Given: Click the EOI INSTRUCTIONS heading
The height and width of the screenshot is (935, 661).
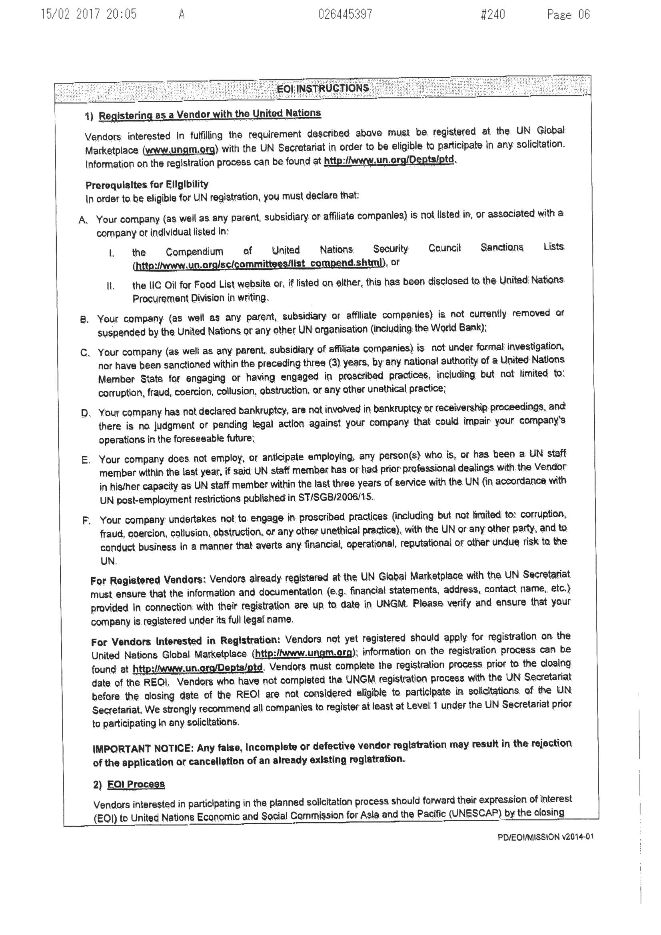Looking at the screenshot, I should click(323, 88).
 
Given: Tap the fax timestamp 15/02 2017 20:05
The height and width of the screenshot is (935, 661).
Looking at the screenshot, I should click(88, 15).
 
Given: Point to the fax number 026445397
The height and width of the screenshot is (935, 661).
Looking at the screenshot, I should click(345, 15).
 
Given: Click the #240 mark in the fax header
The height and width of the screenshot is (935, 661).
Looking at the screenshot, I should click(493, 15).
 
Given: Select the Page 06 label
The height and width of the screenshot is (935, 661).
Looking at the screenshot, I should click(568, 15).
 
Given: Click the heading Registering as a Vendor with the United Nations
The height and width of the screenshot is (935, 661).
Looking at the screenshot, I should click(210, 114).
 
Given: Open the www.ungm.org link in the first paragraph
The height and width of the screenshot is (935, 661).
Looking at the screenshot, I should click(180, 150).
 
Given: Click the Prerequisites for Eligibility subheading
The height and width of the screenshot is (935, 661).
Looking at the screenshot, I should click(147, 185).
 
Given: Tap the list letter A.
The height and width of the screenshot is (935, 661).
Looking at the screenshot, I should click(83, 220).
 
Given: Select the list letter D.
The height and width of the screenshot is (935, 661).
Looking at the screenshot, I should click(85, 414).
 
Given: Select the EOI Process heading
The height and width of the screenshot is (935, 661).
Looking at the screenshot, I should click(136, 784).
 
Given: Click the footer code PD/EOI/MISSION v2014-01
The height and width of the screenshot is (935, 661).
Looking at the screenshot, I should click(545, 837).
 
